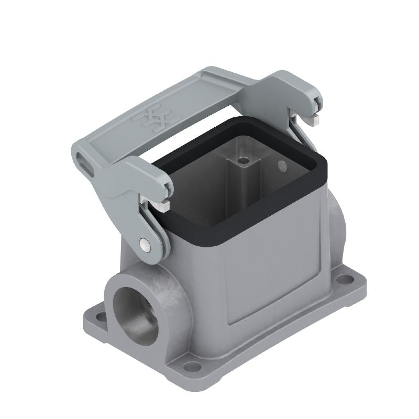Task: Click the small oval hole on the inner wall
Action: [282, 167]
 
